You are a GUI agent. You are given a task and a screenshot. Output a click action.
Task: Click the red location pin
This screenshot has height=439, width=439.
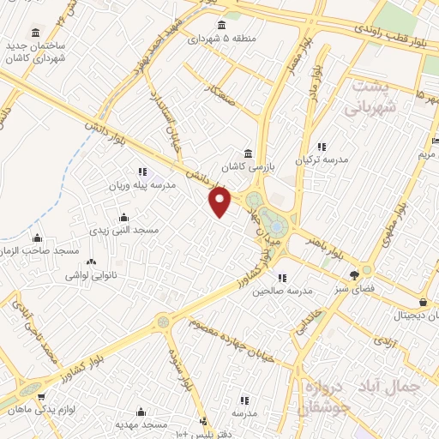221,201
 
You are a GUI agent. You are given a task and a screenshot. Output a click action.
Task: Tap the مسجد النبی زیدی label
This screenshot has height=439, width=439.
125,231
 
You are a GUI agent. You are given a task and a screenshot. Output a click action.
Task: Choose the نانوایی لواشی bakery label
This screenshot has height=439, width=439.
91,276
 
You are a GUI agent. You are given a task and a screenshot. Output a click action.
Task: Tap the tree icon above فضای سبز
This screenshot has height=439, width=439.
355,275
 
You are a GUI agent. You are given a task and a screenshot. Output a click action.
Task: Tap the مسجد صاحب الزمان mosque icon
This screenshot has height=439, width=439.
38,238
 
